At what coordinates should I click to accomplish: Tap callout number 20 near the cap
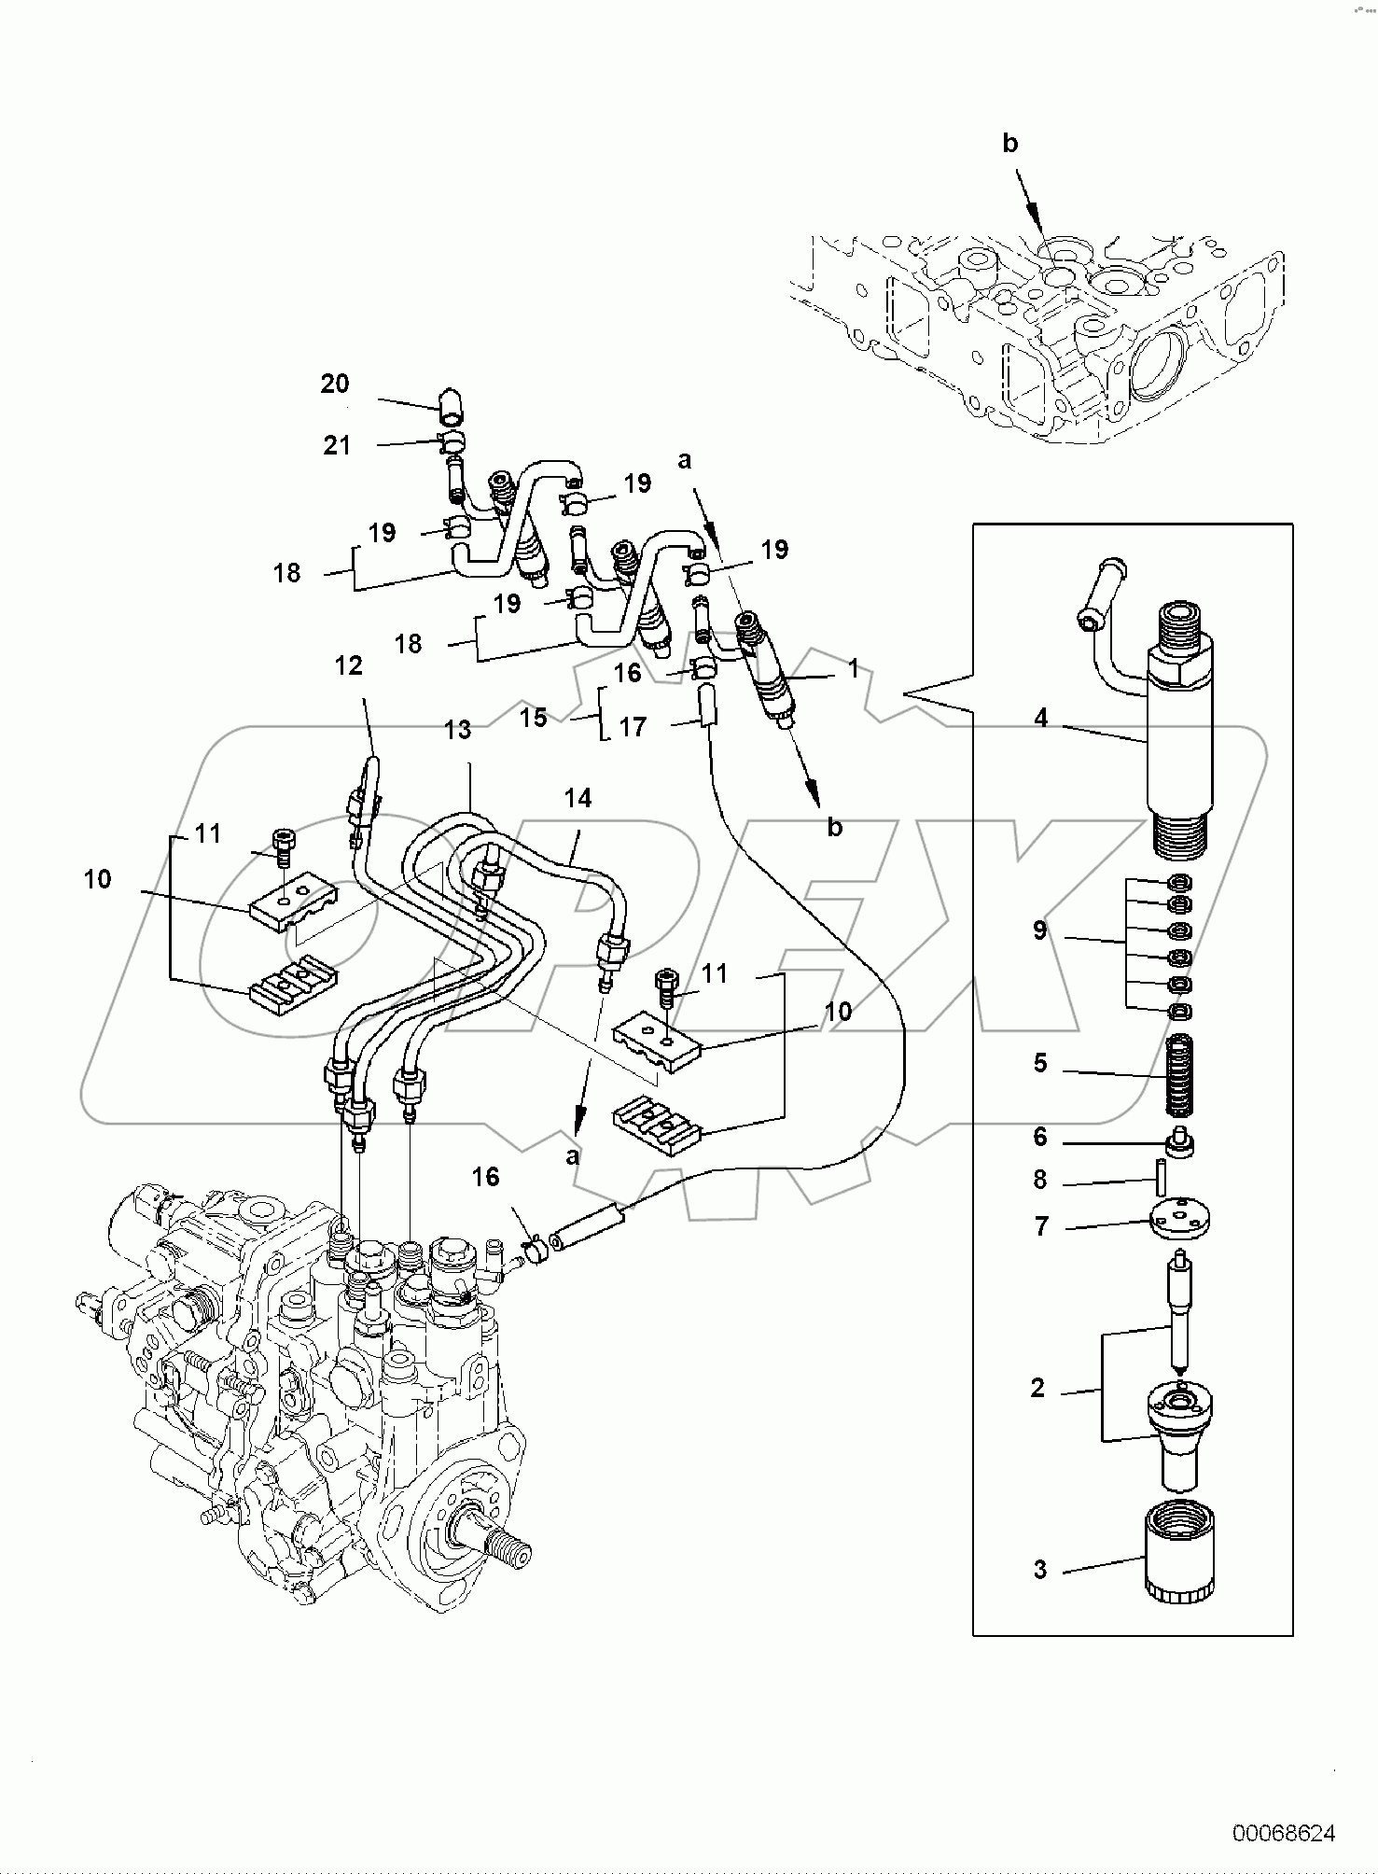[334, 384]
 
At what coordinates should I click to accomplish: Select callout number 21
[336, 445]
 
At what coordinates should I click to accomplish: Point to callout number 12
[348, 665]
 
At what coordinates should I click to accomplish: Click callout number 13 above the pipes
[457, 730]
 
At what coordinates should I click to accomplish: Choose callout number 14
[577, 798]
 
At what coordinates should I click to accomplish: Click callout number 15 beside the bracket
[533, 719]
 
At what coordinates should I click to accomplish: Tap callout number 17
[633, 727]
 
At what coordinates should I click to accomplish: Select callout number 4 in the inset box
[1040, 718]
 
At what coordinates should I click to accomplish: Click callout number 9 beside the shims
[1040, 930]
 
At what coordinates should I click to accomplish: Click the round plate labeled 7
[1182, 1220]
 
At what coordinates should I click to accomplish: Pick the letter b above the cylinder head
[1009, 143]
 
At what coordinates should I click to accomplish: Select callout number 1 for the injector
[852, 668]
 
